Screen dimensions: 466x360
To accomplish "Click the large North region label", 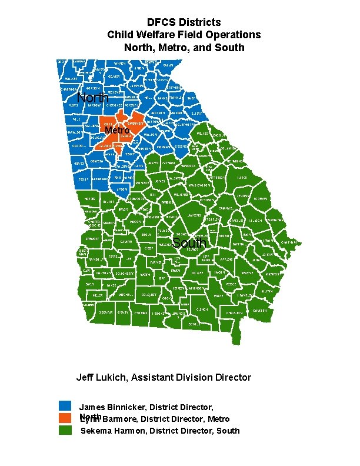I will tap(92, 98).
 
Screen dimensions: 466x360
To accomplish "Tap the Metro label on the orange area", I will tap(117, 130).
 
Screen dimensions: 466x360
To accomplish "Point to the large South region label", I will tap(189, 243).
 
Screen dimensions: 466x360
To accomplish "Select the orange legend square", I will tap(65, 418).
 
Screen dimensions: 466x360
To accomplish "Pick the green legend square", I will tap(65, 430).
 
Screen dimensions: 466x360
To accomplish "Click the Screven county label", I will tap(260, 199).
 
